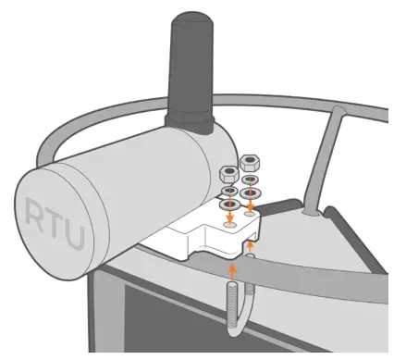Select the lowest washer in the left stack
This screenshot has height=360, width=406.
pos(228,204)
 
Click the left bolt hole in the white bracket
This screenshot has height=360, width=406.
pos(228,222)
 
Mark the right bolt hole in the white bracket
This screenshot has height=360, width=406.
pos(251,212)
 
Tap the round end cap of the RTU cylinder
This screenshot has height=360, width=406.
pos(55,222)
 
